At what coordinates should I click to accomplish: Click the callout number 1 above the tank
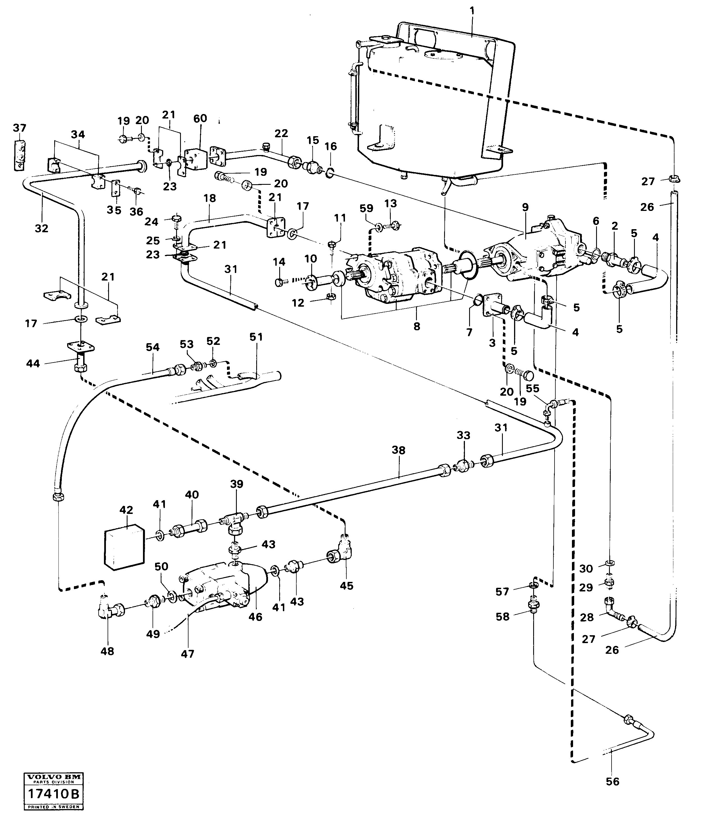[472, 11]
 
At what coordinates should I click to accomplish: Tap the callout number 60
[200, 119]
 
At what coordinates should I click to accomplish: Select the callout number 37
[20, 128]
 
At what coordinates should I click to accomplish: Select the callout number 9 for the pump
[525, 207]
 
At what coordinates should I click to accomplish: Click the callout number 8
[417, 326]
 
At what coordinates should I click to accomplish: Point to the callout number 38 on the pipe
[398, 450]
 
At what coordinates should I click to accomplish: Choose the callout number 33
[463, 435]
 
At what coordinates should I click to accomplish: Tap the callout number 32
[42, 228]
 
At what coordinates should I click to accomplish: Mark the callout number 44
[33, 363]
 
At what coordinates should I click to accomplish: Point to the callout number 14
[279, 262]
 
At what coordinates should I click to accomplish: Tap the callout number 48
[107, 651]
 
